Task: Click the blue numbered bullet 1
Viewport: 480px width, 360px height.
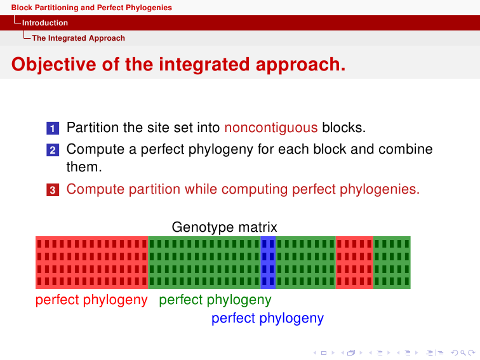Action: tap(53, 128)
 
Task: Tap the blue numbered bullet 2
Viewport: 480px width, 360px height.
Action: tap(53, 150)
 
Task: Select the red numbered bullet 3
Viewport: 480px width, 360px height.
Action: tap(53, 190)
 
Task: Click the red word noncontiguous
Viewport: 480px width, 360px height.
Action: tap(271, 128)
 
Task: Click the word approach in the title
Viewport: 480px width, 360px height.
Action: tap(300, 65)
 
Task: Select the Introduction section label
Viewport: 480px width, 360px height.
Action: tap(45, 23)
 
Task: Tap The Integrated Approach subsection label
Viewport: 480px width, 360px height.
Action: tap(78, 38)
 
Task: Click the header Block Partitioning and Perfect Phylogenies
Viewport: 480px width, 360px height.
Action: tap(91, 8)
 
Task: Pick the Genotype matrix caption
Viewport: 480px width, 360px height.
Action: tap(224, 227)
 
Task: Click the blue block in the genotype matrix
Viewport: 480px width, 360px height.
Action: tap(268, 262)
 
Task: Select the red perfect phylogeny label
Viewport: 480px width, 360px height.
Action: tap(91, 300)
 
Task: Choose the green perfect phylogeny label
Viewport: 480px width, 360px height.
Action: tap(215, 300)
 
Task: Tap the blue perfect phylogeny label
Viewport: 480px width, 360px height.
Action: tap(267, 318)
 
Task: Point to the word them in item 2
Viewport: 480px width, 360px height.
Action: tap(84, 167)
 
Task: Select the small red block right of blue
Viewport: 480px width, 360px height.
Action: tap(354, 262)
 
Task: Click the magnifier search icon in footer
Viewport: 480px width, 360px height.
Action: tap(463, 353)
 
